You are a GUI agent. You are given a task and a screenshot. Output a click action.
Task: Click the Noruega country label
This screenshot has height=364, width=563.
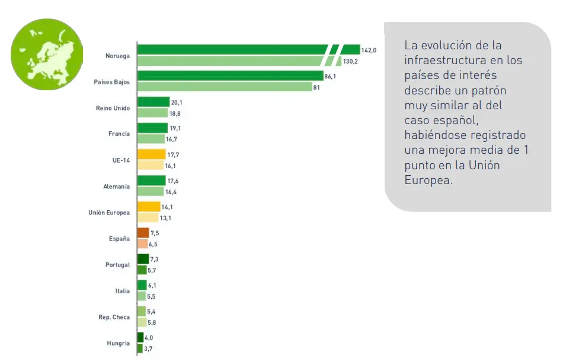118,56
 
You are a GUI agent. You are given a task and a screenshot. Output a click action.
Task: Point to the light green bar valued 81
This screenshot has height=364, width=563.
224,87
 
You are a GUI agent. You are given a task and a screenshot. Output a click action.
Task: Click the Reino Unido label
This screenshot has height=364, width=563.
113,107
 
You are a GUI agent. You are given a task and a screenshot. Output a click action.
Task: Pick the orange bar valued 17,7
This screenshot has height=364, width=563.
151,154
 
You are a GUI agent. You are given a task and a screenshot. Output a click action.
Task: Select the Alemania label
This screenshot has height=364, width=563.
116,186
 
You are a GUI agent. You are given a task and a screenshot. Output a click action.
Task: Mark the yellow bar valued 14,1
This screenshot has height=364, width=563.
149,207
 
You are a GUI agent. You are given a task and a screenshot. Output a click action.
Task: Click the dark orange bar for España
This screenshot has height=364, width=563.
143,233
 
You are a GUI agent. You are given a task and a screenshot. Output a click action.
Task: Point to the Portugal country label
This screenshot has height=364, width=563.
117,265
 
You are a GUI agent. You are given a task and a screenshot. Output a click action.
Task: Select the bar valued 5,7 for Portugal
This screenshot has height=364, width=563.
142,270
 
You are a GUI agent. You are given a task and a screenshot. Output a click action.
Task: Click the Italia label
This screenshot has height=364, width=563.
123,291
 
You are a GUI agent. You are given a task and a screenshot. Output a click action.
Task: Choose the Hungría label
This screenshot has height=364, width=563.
119,343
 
